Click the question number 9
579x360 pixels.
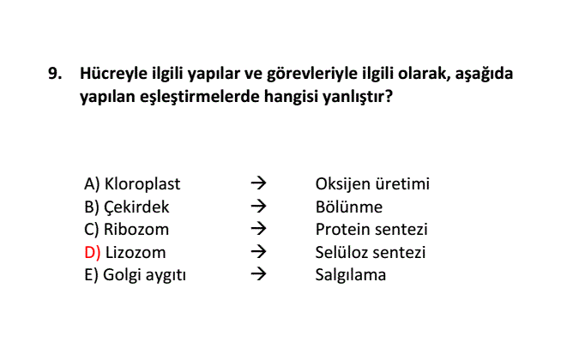point(55,74)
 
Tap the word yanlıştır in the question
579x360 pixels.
point(358,97)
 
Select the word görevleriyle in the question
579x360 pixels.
point(311,74)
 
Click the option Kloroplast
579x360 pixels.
point(142,183)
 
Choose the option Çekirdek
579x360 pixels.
point(136,207)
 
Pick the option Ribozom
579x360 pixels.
point(136,230)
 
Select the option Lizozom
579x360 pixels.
point(136,253)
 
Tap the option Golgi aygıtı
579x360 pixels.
point(144,275)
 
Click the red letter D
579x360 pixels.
point(93,253)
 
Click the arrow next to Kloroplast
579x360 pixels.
point(258,183)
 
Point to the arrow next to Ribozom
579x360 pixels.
point(258,229)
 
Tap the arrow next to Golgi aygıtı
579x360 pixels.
point(258,274)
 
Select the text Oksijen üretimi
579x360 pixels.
point(372,183)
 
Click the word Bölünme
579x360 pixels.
point(349,207)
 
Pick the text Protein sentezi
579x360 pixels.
point(371,230)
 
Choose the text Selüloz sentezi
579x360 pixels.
point(371,253)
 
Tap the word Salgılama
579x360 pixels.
point(351,275)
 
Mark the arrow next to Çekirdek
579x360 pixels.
point(258,207)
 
